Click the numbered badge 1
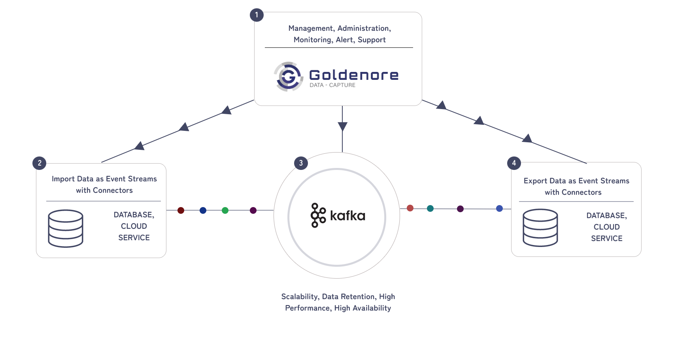tap(257, 15)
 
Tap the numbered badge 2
tap(40, 163)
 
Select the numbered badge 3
tap(301, 163)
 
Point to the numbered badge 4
tap(514, 163)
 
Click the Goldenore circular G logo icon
tap(289, 76)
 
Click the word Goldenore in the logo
tap(354, 75)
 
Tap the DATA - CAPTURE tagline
tap(332, 85)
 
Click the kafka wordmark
tap(347, 216)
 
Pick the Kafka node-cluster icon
tap(318, 215)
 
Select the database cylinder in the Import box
tap(66, 228)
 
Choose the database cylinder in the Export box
tap(540, 228)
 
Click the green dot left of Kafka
tap(225, 210)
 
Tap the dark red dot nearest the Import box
tap(181, 210)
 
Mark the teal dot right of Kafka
tap(430, 208)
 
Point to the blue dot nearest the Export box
tap(499, 208)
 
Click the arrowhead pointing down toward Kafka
tap(342, 126)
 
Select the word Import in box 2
tap(63, 179)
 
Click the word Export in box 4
tap(535, 181)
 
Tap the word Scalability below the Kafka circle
tap(300, 297)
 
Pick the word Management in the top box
tap(311, 28)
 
